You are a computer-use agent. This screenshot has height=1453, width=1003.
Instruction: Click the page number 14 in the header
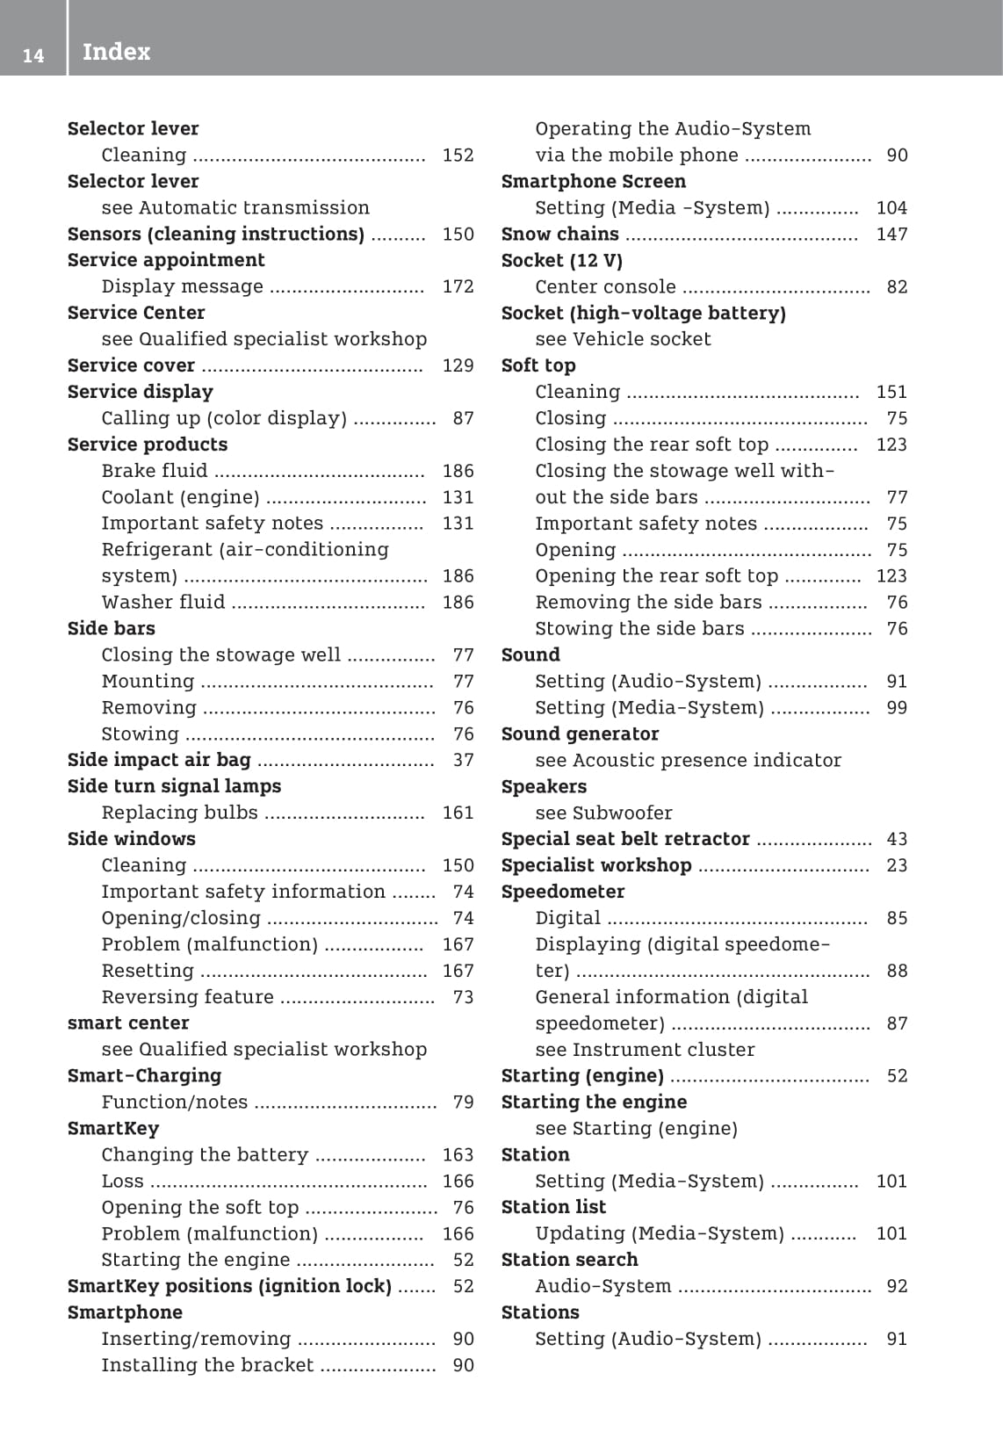pyautogui.click(x=33, y=55)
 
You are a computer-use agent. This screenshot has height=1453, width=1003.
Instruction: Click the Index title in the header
pyautogui.click(x=116, y=52)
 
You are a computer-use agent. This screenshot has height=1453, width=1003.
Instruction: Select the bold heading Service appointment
pyautogui.click(x=166, y=260)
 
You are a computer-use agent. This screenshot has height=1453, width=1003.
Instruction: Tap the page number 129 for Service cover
pyautogui.click(x=458, y=365)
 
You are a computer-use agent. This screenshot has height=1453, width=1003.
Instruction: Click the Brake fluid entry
pyautogui.click(x=155, y=471)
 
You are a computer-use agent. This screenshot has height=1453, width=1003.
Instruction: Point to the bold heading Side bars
pyautogui.click(x=112, y=628)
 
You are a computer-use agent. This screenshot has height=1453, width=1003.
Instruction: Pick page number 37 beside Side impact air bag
pyautogui.click(x=463, y=760)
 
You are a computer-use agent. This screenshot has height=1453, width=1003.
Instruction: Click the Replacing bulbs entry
pyautogui.click(x=180, y=813)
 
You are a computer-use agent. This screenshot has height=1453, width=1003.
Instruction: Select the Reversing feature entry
pyautogui.click(x=188, y=997)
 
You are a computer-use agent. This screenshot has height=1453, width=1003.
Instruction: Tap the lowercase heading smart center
pyautogui.click(x=128, y=1023)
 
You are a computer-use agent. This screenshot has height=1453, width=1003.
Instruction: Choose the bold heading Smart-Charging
pyautogui.click(x=144, y=1075)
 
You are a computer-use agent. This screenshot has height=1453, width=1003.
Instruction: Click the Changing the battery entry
pyautogui.click(x=205, y=1154)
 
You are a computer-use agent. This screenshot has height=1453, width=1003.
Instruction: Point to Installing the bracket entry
pyautogui.click(x=207, y=1365)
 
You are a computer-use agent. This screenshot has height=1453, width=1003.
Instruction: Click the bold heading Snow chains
pyautogui.click(x=559, y=234)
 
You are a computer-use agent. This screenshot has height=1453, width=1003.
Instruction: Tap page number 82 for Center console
pyautogui.click(x=897, y=286)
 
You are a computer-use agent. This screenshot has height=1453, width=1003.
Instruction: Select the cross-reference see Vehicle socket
pyautogui.click(x=623, y=339)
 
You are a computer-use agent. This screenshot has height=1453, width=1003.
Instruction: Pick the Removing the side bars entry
pyautogui.click(x=648, y=602)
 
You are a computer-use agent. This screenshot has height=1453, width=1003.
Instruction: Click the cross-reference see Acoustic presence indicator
pyautogui.click(x=688, y=760)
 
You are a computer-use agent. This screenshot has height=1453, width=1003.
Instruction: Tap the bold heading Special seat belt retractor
pyautogui.click(x=625, y=839)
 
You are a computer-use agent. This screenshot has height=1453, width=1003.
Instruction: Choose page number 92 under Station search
pyautogui.click(x=897, y=1286)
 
